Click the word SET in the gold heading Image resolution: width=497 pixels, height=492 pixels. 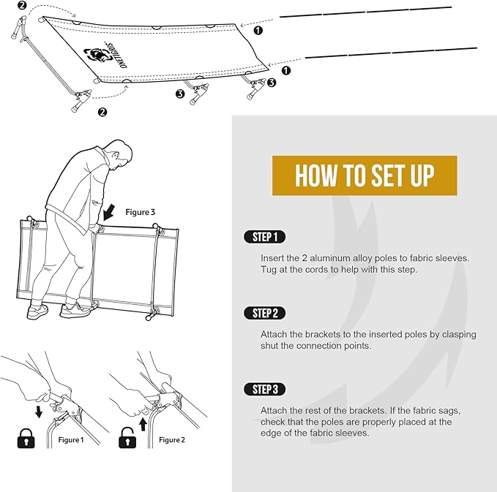pyautogui.click(x=380, y=175)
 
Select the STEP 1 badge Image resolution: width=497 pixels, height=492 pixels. pyautogui.click(x=264, y=237)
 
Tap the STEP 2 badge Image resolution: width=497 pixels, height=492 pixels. pyautogui.click(x=264, y=313)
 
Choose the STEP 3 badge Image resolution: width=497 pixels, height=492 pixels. pyautogui.click(x=264, y=389)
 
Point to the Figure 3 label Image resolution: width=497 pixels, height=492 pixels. pyautogui.click(x=141, y=213)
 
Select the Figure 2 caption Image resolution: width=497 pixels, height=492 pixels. pyautogui.click(x=172, y=439)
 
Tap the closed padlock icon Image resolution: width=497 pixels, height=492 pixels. pyautogui.click(x=27, y=439)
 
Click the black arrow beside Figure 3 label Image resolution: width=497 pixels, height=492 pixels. pyautogui.click(x=110, y=213)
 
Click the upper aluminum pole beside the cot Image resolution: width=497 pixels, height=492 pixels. pyautogui.click(x=366, y=11)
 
